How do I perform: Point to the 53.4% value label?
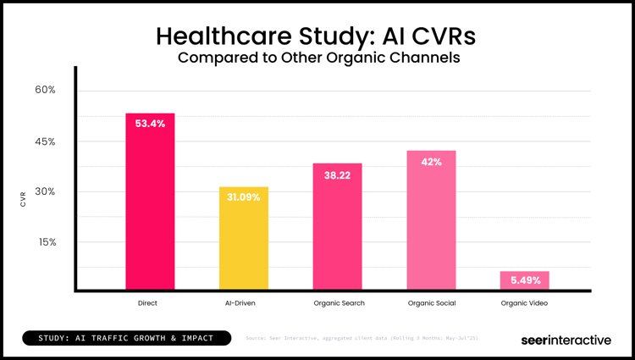(x=150, y=124)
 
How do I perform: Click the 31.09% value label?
(x=244, y=197)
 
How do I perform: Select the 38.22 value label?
(x=337, y=174)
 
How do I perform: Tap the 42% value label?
(x=431, y=162)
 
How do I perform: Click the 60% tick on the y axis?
(x=45, y=90)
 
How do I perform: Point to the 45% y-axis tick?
(x=45, y=141)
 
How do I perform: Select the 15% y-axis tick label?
(x=45, y=242)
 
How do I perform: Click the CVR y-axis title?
(x=24, y=199)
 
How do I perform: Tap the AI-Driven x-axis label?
(x=244, y=302)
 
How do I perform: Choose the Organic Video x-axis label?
(x=524, y=302)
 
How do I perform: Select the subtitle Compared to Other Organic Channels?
(x=317, y=58)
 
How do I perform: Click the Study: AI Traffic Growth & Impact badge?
(x=129, y=339)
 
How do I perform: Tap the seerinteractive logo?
(x=565, y=340)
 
